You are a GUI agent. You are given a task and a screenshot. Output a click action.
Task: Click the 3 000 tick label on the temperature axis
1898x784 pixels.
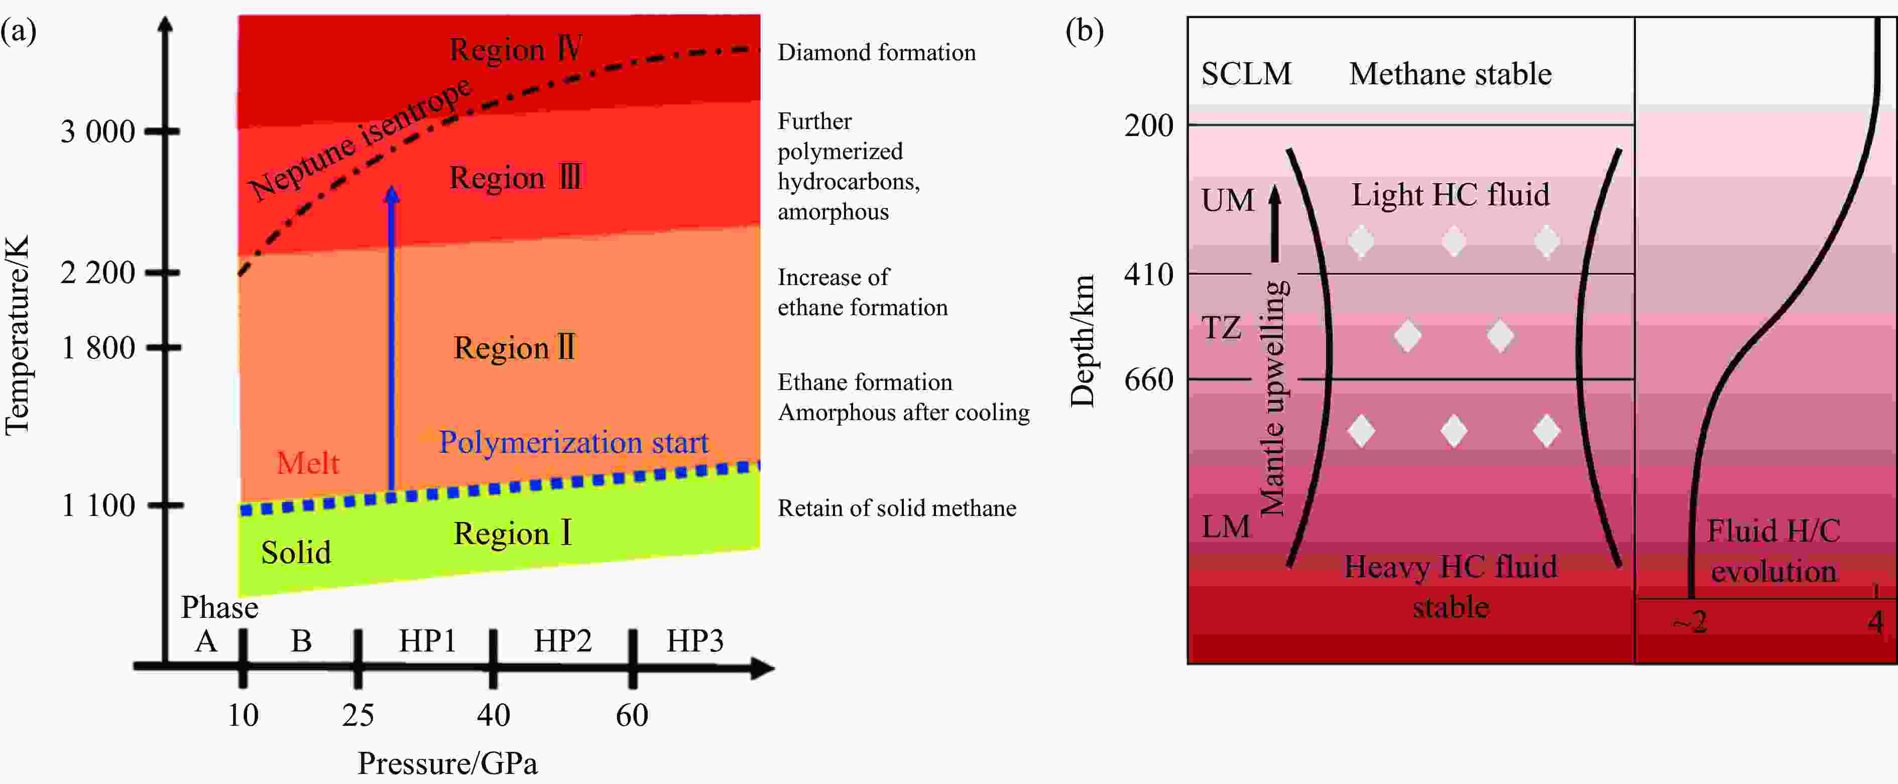[x=98, y=132]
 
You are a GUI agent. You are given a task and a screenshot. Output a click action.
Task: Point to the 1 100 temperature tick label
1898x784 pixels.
[x=98, y=505]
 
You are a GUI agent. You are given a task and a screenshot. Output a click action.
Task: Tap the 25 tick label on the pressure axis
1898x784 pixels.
[x=358, y=715]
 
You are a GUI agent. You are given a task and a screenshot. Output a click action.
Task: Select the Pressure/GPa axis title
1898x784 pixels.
[x=447, y=763]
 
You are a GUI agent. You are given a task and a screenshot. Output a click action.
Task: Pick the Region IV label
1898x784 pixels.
[x=516, y=49]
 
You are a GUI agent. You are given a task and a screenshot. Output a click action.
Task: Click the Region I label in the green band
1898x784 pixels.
[x=513, y=533]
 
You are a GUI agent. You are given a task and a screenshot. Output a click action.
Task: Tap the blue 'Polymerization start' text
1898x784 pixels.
[x=573, y=442]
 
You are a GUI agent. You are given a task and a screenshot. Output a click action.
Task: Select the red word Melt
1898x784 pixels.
[x=307, y=463]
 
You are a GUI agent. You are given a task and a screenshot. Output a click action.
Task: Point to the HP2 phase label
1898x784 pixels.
[x=563, y=641]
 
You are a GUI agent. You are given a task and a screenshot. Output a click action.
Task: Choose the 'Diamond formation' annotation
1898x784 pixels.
[x=877, y=52]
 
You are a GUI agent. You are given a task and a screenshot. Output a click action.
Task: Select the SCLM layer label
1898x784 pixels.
[x=1246, y=74]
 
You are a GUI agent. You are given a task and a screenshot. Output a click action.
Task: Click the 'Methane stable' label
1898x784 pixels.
[x=1450, y=74]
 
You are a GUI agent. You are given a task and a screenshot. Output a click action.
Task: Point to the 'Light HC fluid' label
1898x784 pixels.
[x=1450, y=195]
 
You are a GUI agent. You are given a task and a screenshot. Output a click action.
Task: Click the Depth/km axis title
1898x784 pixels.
[x=1083, y=340]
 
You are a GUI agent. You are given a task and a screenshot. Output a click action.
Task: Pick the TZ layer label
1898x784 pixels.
[x=1221, y=327]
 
